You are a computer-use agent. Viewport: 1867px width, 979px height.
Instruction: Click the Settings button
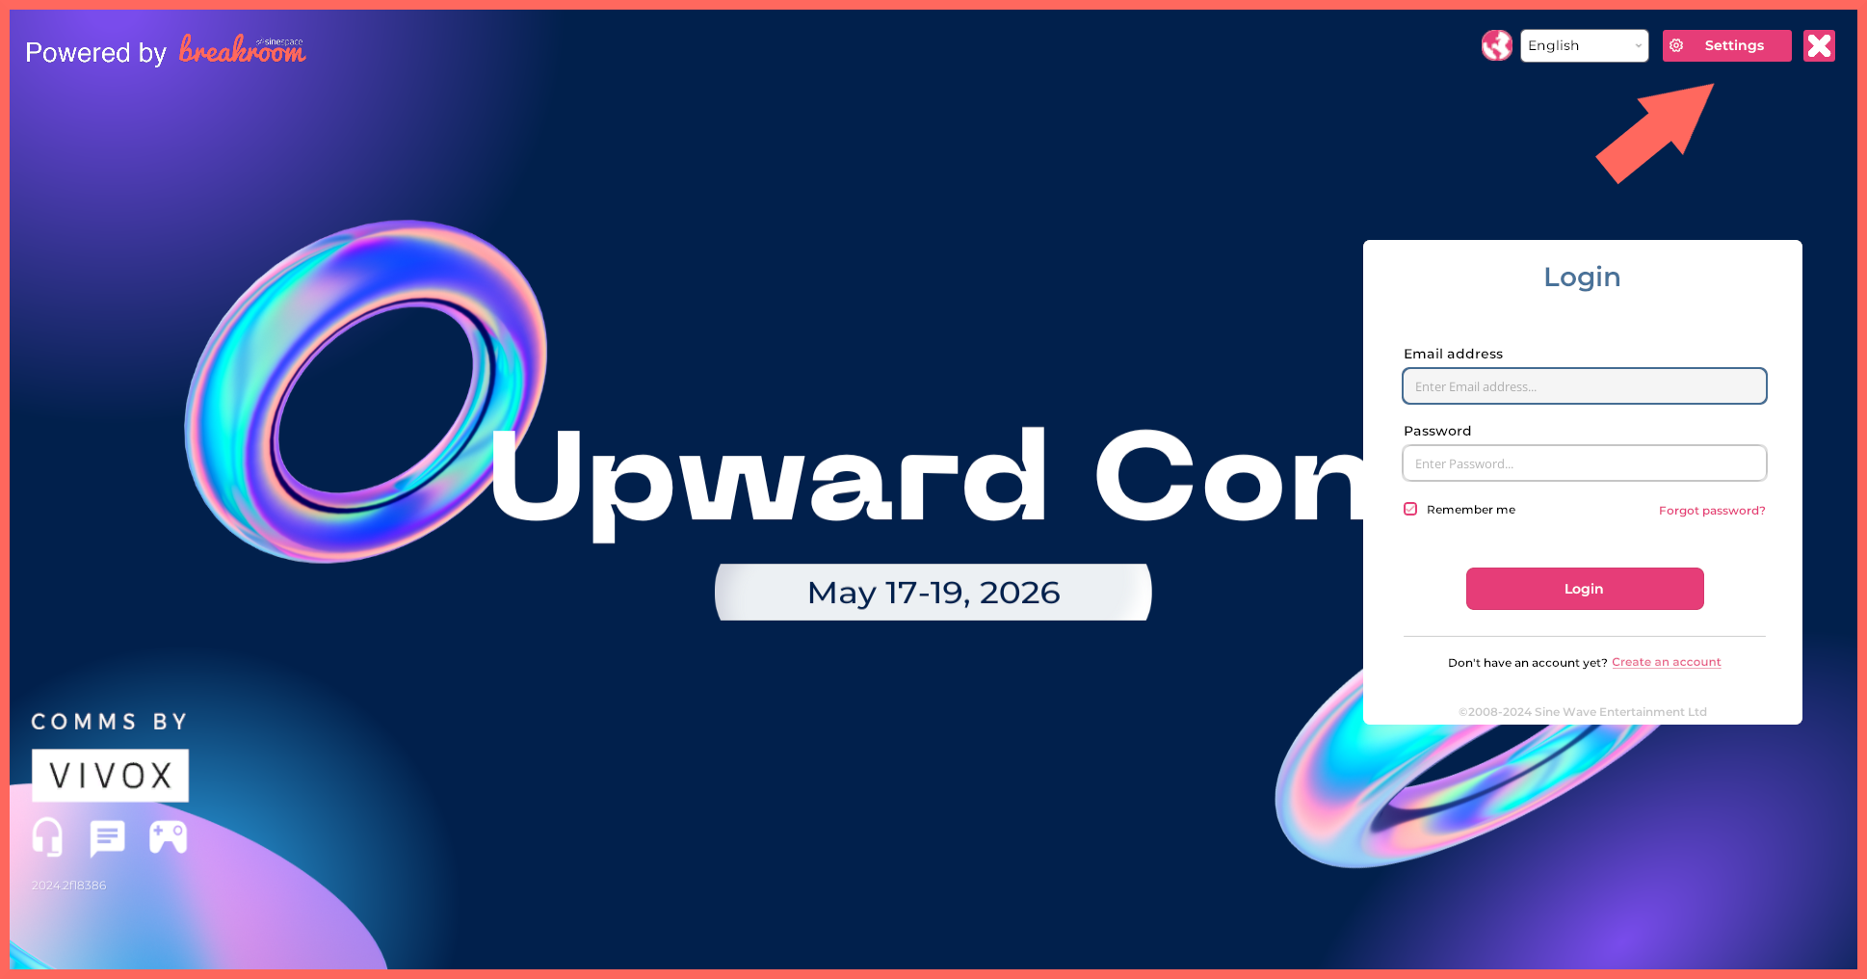pyautogui.click(x=1726, y=45)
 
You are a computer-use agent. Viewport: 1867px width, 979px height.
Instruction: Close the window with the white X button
pyautogui.click(x=1819, y=45)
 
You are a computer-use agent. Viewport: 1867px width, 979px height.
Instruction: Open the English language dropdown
pyautogui.click(x=1584, y=45)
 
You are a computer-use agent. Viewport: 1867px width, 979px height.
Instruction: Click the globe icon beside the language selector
pyautogui.click(x=1496, y=45)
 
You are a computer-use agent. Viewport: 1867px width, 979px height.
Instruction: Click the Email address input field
pyautogui.click(x=1584, y=386)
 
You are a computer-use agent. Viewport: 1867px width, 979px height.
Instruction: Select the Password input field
pyautogui.click(x=1584, y=463)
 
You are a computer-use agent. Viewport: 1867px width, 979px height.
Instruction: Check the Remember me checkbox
pyautogui.click(x=1410, y=509)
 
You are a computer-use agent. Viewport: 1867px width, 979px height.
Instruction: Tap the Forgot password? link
pyautogui.click(x=1712, y=511)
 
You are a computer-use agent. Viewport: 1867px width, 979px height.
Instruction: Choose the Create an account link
pyautogui.click(x=1666, y=662)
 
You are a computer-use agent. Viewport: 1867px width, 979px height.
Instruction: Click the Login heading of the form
pyautogui.click(x=1582, y=278)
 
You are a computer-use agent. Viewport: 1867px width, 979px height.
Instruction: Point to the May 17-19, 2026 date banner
pyautogui.click(x=933, y=592)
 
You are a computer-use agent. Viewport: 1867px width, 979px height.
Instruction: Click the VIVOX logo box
pyautogui.click(x=110, y=776)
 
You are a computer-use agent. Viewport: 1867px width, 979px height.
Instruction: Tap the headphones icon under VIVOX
pyautogui.click(x=47, y=837)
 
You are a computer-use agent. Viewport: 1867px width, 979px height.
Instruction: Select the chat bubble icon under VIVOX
pyautogui.click(x=107, y=838)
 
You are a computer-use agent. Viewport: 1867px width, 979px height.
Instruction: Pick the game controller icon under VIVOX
pyautogui.click(x=168, y=837)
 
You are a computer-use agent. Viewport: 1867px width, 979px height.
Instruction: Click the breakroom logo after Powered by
pyautogui.click(x=243, y=49)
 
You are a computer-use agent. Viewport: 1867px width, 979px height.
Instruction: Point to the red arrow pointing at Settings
pyautogui.click(x=1655, y=133)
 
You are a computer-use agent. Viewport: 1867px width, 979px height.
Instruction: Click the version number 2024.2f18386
pyautogui.click(x=68, y=886)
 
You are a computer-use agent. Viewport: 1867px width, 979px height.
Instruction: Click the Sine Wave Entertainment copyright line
pyautogui.click(x=1583, y=712)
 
